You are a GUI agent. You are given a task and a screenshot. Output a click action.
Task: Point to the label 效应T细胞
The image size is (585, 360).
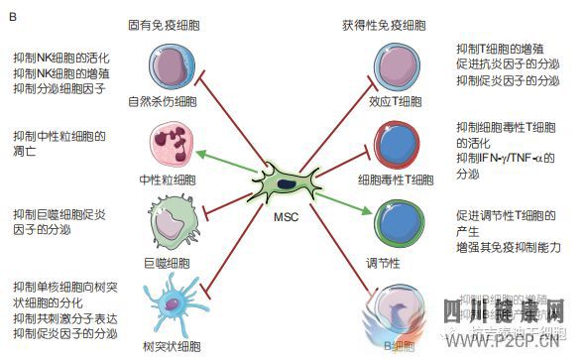click(396, 101)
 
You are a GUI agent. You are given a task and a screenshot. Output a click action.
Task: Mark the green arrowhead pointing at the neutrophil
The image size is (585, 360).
click(200, 152)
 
